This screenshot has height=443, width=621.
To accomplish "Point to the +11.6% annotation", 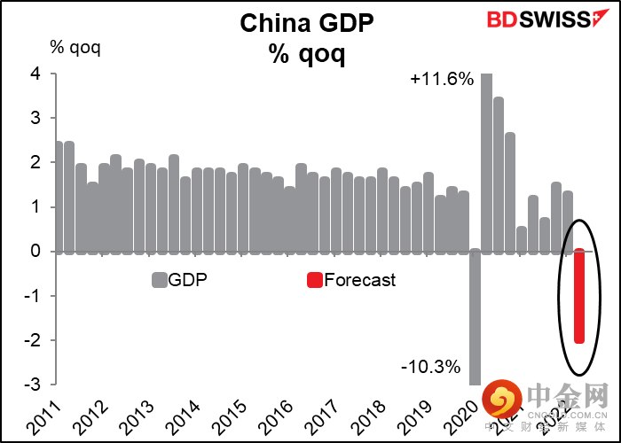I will pyautogui.click(x=442, y=80).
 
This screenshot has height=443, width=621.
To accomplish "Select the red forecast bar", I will pyautogui.click(x=578, y=296).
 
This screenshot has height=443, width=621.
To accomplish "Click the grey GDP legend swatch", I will pyautogui.click(x=160, y=281).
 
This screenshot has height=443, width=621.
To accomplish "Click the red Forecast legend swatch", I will pyautogui.click(x=314, y=281).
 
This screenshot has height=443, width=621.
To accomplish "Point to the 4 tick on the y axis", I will pyautogui.click(x=35, y=74).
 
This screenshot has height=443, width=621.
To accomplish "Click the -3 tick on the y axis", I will pyautogui.click(x=32, y=385).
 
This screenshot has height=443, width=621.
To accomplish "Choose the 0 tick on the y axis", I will pyautogui.click(x=35, y=252).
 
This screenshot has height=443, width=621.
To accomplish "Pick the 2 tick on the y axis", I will pyautogui.click(x=35, y=163).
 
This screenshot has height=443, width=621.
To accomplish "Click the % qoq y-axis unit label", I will pyautogui.click(x=75, y=47).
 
